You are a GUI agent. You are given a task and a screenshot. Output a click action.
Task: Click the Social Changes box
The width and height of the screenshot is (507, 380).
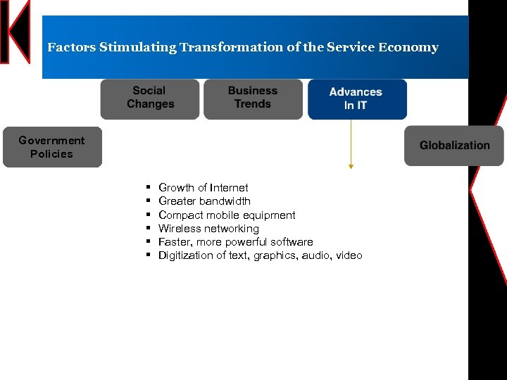click(x=150, y=98)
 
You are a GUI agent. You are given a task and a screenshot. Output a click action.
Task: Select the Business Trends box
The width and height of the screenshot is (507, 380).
click(x=253, y=98)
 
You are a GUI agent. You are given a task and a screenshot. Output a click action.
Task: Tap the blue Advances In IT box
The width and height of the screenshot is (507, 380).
click(x=356, y=99)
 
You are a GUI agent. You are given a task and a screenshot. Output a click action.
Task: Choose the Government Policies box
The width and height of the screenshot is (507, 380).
click(x=52, y=147)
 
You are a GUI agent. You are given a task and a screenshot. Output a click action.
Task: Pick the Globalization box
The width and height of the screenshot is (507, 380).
click(x=454, y=146)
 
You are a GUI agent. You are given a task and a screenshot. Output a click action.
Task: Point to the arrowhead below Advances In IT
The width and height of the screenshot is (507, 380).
click(x=351, y=166)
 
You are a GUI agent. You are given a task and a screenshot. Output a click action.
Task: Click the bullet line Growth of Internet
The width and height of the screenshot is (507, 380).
click(x=203, y=188)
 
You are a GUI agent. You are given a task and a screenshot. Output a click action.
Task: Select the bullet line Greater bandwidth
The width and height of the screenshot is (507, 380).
click(x=204, y=201)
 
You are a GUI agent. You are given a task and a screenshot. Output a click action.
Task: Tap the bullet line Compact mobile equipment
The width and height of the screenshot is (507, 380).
click(x=227, y=215)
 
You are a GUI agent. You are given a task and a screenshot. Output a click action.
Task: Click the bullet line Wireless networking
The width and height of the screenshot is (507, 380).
click(x=208, y=229)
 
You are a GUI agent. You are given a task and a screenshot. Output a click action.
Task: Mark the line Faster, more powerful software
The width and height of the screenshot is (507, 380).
click(x=235, y=242)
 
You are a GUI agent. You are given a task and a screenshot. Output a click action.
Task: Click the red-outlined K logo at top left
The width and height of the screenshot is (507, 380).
click(x=15, y=32)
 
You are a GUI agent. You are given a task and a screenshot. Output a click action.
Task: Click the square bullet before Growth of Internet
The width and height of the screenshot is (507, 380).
click(x=149, y=188)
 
